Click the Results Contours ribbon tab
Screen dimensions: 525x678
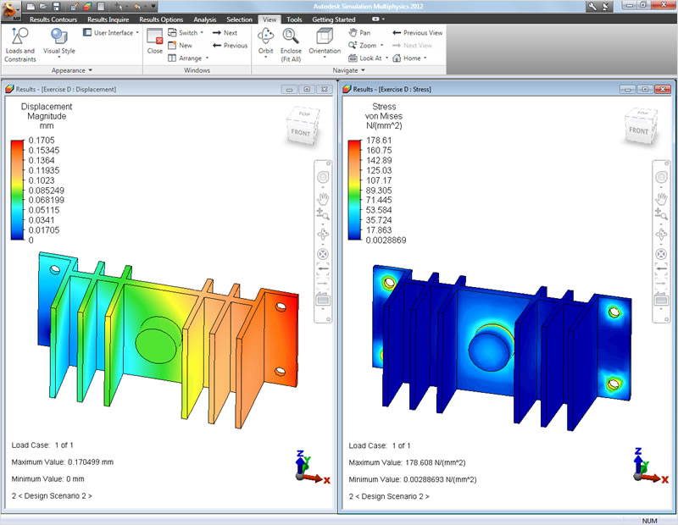pyautogui.click(x=53, y=19)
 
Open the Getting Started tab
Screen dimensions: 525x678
pyautogui.click(x=335, y=19)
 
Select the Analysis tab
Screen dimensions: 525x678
pyautogui.click(x=204, y=19)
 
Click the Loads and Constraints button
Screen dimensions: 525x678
pyautogui.click(x=20, y=44)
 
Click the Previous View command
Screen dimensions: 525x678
pyautogui.click(x=418, y=33)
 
